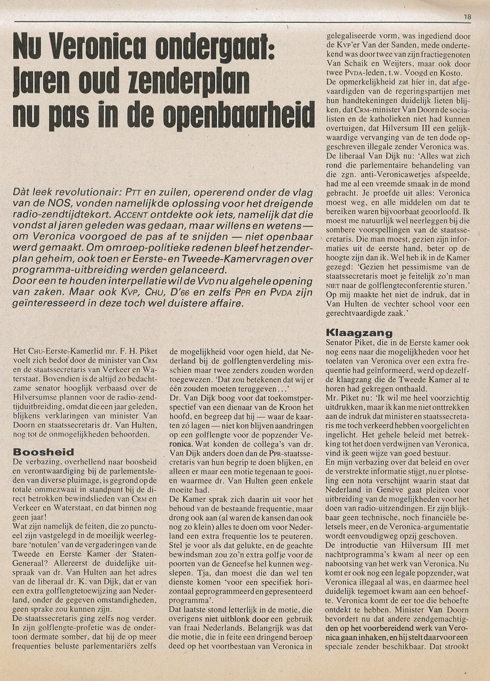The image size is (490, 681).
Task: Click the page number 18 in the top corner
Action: pos(468,17)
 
